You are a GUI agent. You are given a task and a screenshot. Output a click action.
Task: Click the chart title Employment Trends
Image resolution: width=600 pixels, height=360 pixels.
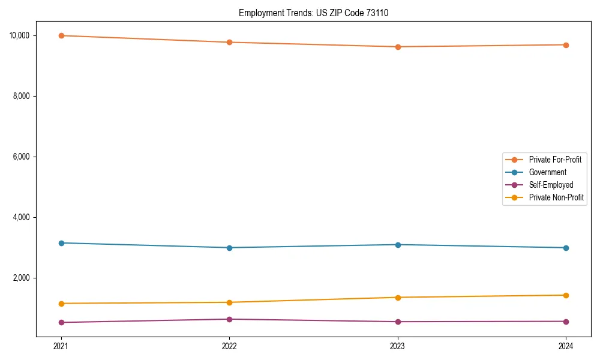pos(313,13)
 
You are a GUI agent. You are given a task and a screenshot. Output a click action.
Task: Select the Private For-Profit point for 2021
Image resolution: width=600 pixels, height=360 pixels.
pos(61,35)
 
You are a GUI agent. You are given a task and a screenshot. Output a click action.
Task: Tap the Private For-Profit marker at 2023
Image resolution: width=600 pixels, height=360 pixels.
pos(398,47)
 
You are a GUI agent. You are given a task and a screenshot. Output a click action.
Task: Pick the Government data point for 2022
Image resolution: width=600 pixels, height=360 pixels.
pos(229,248)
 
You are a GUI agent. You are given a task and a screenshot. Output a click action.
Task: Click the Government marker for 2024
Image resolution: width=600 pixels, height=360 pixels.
pos(566,248)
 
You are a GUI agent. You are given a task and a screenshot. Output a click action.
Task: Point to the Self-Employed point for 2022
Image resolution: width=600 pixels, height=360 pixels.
pos(229,319)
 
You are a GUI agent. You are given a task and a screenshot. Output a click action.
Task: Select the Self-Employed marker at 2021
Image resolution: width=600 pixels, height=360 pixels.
pos(61,322)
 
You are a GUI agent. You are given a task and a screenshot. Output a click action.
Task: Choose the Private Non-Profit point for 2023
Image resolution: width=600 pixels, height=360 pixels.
pos(398,298)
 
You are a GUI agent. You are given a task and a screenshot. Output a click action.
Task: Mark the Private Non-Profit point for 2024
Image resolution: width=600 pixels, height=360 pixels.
pos(566,295)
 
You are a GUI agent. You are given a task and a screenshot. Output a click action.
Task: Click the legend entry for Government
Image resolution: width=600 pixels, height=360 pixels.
pos(547,172)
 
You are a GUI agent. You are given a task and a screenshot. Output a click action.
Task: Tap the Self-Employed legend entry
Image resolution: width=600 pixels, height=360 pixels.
pos(551,185)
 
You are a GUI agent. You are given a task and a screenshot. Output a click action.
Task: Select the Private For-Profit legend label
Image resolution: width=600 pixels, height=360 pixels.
pos(555,160)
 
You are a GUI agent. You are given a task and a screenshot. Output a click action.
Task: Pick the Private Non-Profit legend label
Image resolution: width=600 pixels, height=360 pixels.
pos(556,197)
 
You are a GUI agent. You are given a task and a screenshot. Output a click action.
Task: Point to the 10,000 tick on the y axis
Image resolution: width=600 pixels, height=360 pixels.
pos(20,35)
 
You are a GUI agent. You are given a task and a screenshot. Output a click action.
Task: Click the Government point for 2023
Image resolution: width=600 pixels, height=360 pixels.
pos(398,245)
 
